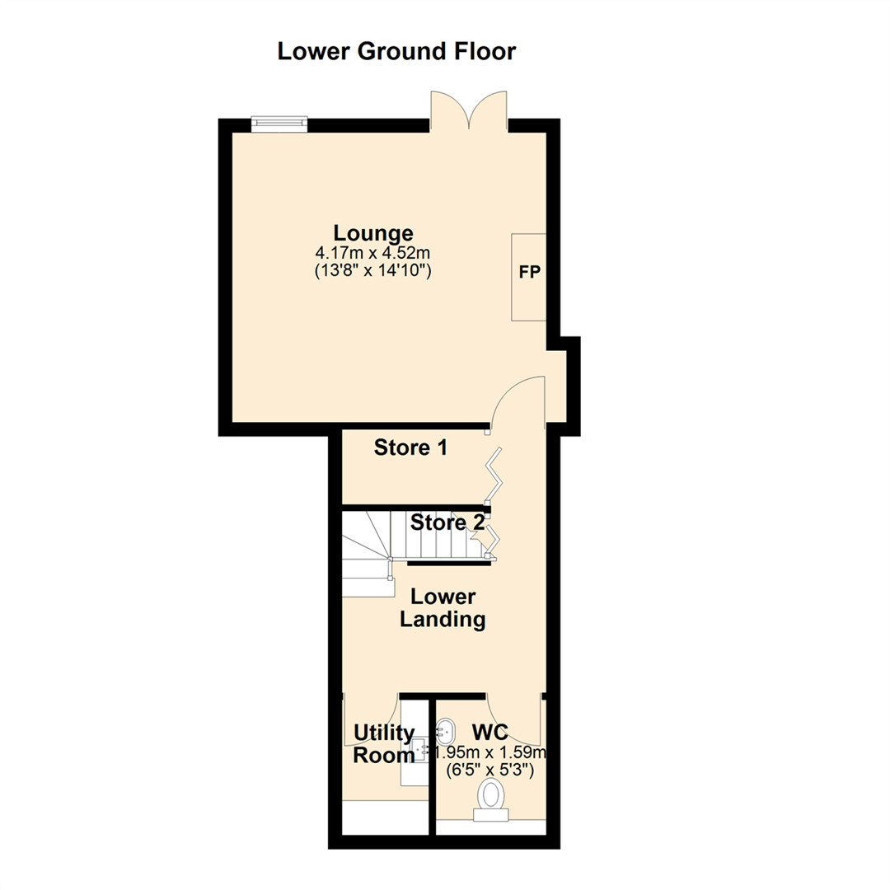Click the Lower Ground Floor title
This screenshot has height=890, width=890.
pyautogui.click(x=396, y=51)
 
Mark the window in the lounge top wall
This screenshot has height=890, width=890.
pyautogui.click(x=279, y=124)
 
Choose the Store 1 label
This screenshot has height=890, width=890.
pyautogui.click(x=410, y=448)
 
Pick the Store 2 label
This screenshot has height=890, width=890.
pyautogui.click(x=447, y=522)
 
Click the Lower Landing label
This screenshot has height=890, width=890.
pyautogui.click(x=443, y=608)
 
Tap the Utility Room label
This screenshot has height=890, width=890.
pyautogui.click(x=383, y=743)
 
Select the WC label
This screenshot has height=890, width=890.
pyautogui.click(x=489, y=731)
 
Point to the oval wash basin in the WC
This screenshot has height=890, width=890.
pyautogui.click(x=445, y=729)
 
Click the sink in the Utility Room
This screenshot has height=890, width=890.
pyautogui.click(x=422, y=750)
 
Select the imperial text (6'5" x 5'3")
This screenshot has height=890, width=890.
pyautogui.click(x=491, y=771)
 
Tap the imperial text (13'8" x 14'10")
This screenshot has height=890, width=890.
pyautogui.click(x=373, y=269)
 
